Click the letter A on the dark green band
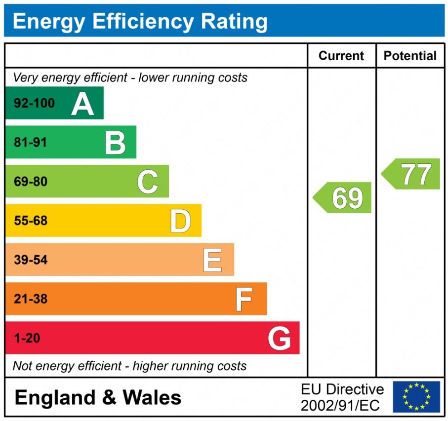(x=82, y=104)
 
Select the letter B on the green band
(x=115, y=143)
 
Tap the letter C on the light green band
(x=148, y=182)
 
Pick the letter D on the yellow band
(x=180, y=221)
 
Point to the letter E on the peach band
(x=212, y=260)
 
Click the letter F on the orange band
(x=244, y=299)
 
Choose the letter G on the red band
(x=279, y=339)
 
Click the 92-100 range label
(x=34, y=104)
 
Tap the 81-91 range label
(x=31, y=143)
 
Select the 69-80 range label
(x=31, y=182)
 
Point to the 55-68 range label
(x=31, y=221)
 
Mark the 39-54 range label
(x=31, y=260)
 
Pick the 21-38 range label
(x=31, y=299)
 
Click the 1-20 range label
(x=27, y=339)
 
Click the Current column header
(x=341, y=56)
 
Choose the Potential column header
(x=410, y=56)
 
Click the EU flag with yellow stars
(x=416, y=397)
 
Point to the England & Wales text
(x=98, y=397)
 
